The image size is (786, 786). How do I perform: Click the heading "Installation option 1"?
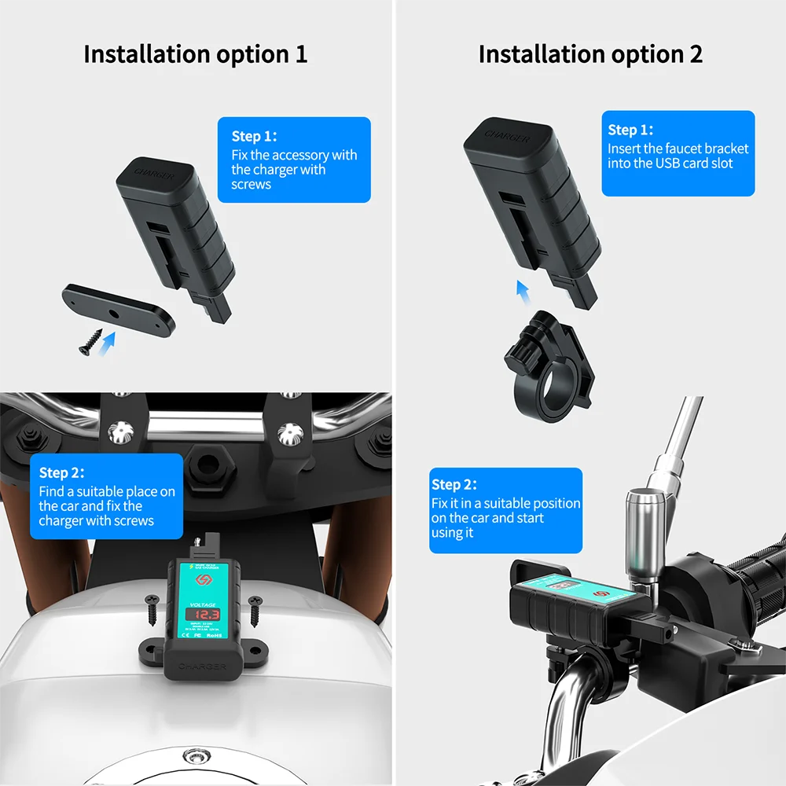tap(195, 54)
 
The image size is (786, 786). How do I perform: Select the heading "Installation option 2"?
tap(590, 54)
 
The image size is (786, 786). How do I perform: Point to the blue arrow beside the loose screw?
tap(110, 341)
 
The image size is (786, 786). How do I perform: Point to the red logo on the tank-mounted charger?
tap(201, 579)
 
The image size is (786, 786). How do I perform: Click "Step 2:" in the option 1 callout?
tap(61, 472)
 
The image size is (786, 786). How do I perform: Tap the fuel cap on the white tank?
tap(196, 758)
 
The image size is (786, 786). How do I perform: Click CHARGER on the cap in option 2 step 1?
tap(506, 135)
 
